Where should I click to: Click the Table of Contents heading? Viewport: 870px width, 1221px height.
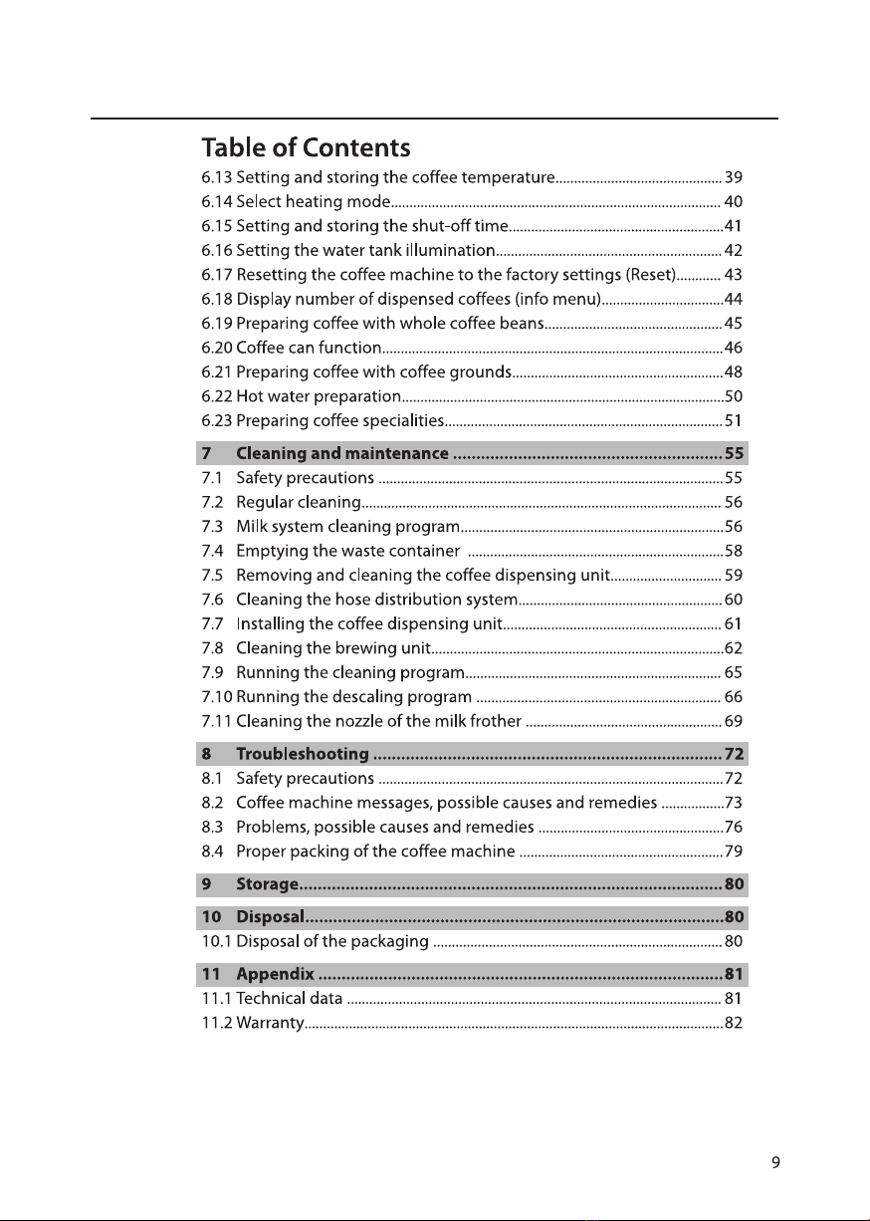tap(306, 148)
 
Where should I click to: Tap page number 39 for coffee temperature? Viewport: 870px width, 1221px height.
tap(735, 178)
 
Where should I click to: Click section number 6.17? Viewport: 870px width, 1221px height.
tap(216, 275)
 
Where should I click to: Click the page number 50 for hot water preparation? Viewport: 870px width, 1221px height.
tap(735, 396)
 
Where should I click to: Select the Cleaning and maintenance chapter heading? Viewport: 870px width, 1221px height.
tap(341, 454)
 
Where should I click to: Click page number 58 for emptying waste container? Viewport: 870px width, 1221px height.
tap(735, 551)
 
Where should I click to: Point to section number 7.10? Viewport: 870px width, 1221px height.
tap(216, 696)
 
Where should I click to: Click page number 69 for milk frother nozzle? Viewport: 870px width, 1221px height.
tap(735, 720)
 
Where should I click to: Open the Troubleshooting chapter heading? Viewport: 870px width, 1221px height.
tap(303, 755)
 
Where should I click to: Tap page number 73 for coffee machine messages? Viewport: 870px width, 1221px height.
tap(735, 803)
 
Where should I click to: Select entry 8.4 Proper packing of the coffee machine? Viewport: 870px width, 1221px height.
tap(375, 852)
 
